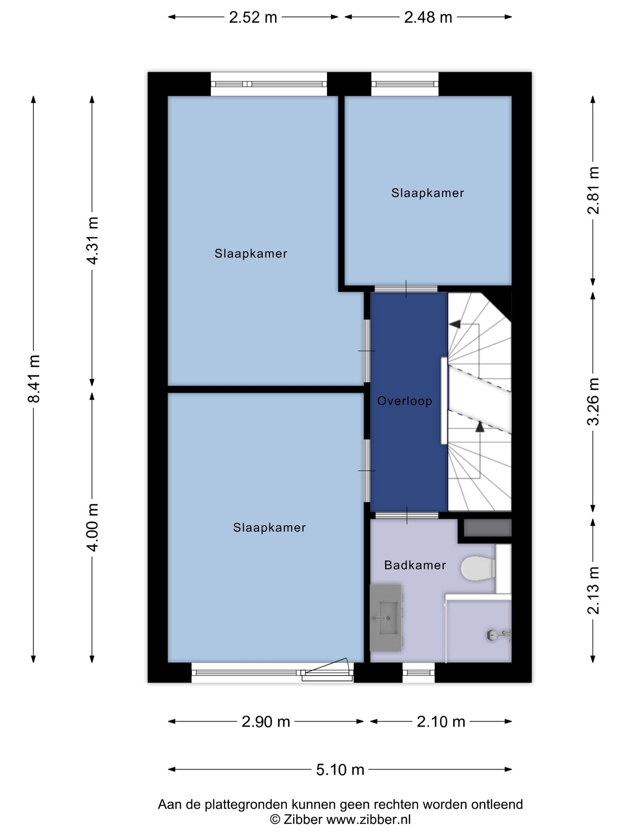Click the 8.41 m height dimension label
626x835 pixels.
[x=34, y=379]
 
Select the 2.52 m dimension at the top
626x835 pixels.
[x=253, y=17]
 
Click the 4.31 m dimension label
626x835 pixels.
[x=93, y=240]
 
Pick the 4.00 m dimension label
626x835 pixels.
[x=93, y=527]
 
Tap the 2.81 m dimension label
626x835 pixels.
[x=593, y=190]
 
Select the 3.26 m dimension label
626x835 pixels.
[x=593, y=401]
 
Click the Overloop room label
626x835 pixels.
[x=405, y=401]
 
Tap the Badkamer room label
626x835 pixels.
[x=415, y=565]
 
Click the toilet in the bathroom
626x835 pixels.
[x=478, y=568]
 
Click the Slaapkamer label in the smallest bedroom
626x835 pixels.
[x=427, y=193]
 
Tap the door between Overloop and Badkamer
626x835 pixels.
[x=407, y=515]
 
